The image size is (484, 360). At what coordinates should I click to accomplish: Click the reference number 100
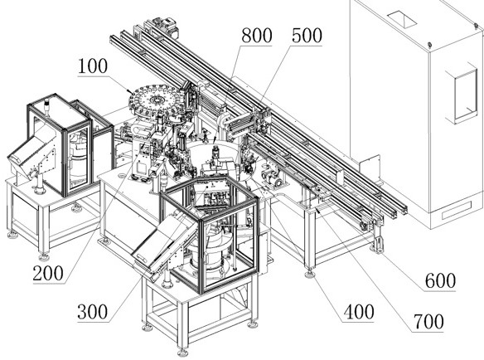click(x=93, y=66)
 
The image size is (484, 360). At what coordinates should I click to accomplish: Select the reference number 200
click(x=48, y=274)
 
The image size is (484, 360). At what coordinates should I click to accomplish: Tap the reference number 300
click(x=93, y=312)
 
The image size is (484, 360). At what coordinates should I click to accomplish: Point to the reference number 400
click(x=359, y=312)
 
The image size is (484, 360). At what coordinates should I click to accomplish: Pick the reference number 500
click(x=307, y=36)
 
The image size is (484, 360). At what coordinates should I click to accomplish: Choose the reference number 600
click(x=440, y=281)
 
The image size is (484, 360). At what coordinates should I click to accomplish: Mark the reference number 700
click(x=428, y=322)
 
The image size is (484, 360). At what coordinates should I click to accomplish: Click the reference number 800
click(x=257, y=36)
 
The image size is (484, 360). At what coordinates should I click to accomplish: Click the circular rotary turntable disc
click(x=154, y=99)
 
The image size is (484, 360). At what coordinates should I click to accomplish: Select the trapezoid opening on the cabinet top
click(x=402, y=18)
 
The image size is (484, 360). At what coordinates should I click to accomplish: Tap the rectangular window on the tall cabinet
click(x=466, y=95)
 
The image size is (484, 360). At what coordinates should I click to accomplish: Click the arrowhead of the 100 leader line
click(x=129, y=91)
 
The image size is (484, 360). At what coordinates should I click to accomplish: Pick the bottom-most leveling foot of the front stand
click(x=182, y=353)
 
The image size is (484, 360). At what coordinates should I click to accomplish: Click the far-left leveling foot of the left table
click(x=12, y=236)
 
